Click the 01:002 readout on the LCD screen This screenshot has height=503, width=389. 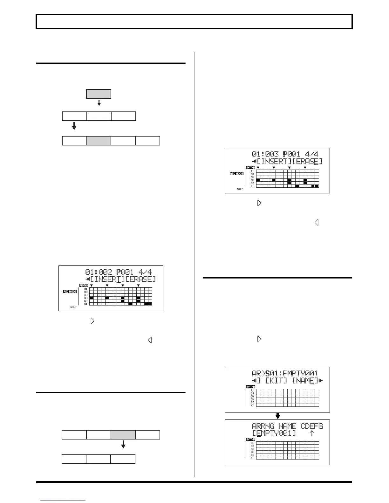99,272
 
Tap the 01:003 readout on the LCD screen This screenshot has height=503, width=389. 265,155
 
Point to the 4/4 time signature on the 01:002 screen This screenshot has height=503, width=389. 145,272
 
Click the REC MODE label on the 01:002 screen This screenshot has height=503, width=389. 70,292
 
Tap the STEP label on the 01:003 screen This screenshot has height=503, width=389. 240,189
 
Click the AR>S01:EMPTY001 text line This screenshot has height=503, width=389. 285,374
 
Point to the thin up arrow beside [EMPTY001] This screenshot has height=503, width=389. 312,433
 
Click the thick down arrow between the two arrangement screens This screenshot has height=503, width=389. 277,416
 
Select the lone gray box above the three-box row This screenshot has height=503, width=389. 99,94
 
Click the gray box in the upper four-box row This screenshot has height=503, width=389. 99,141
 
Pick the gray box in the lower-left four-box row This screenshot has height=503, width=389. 123,435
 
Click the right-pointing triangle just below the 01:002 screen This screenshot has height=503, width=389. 92,321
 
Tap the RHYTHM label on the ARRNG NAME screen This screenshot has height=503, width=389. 250,439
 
